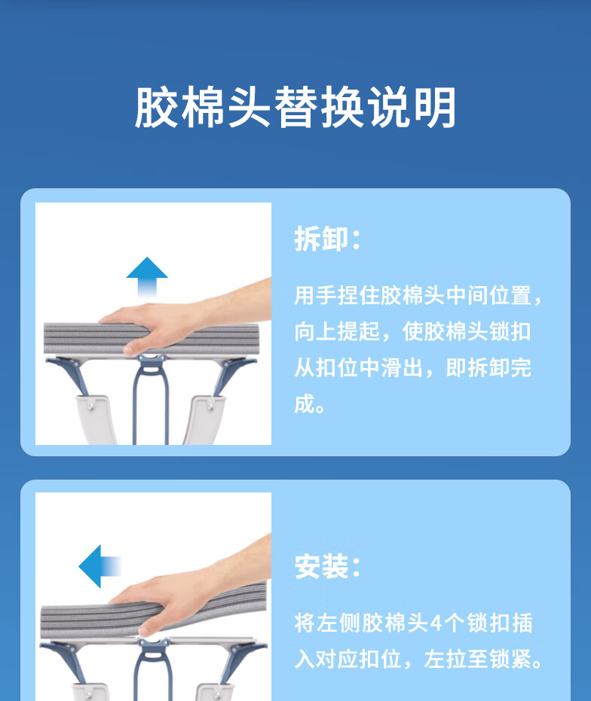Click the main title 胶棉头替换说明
[295, 107]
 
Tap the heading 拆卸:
[327, 239]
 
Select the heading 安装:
[327, 566]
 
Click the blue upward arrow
[147, 276]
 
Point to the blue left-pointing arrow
[100, 566]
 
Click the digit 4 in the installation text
[436, 623]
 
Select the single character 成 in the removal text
[305, 404]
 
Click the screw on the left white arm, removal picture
[91, 406]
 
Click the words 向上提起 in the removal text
[337, 331]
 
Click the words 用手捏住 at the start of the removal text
[337, 295]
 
